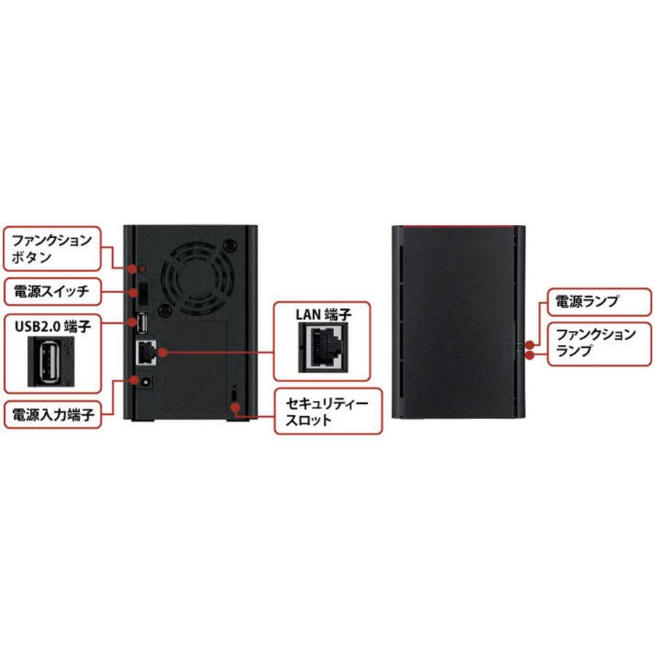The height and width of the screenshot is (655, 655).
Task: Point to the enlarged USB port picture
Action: click(x=49, y=362)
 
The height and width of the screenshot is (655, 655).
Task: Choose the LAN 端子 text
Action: click(x=323, y=314)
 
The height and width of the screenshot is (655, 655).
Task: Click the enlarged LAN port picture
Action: click(x=323, y=346)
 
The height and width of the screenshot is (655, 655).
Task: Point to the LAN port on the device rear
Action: click(x=146, y=352)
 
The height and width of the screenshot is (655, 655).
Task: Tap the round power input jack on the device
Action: click(x=145, y=381)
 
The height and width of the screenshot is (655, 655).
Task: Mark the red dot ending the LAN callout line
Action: click(x=161, y=352)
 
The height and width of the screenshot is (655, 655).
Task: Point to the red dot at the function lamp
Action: click(x=530, y=354)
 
